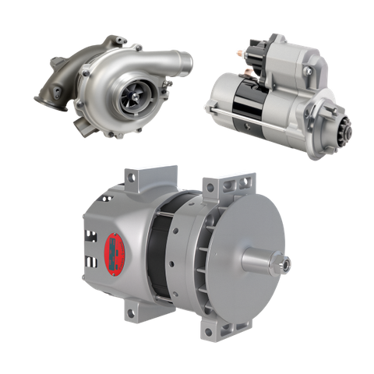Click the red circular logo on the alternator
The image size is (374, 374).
tap(114, 249)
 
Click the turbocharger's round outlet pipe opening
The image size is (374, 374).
tap(184, 60)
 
